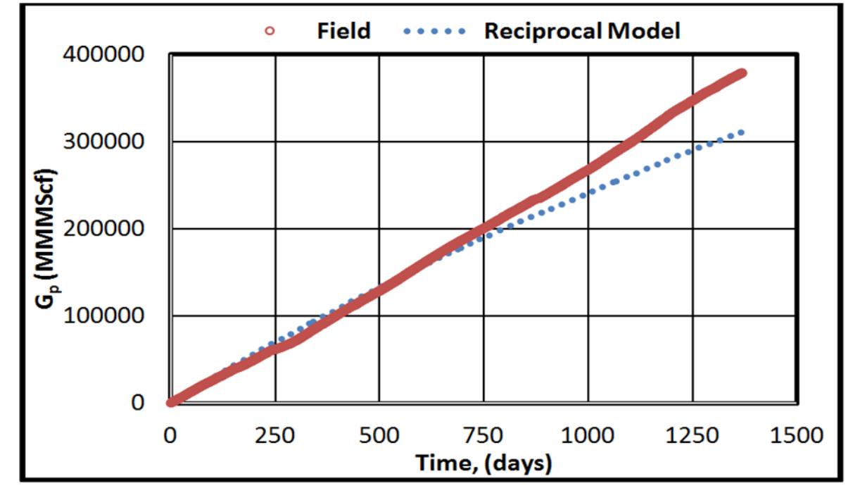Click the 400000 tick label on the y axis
pos(106,55)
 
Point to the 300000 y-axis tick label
pos(106,142)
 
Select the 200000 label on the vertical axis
pos(106,229)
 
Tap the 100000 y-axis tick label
pos(106,316)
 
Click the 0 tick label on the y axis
pos(138,403)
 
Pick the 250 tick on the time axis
pos(274,435)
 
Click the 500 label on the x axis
pos(379,435)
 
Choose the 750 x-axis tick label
pos(483,435)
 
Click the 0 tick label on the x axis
pos(170,435)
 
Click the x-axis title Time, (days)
pos(483,463)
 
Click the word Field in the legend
pos(343,30)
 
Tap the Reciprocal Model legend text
pos(581,30)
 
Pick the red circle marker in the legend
pos(270,31)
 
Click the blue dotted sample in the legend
pos(435,31)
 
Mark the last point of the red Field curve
pos(742,73)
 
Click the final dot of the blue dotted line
pos(741,132)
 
